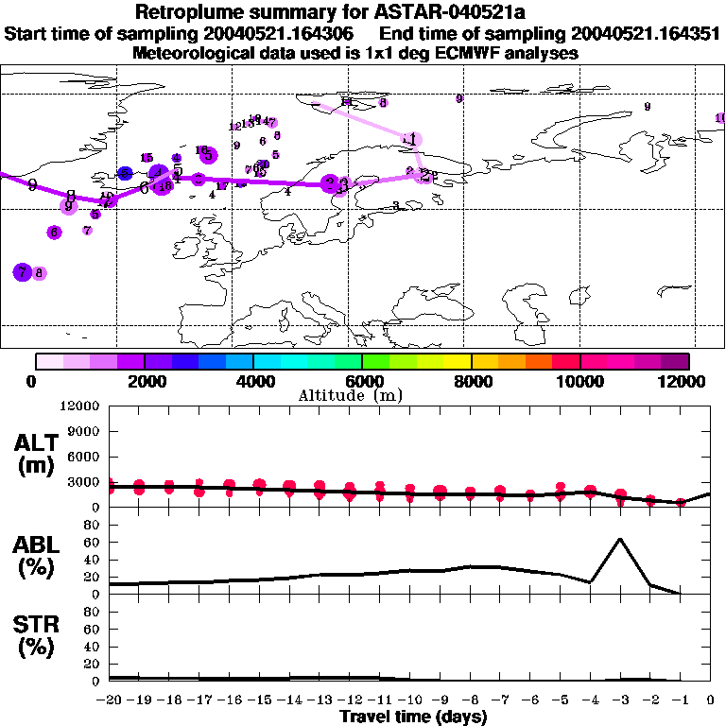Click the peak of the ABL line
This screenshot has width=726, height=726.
click(x=619, y=539)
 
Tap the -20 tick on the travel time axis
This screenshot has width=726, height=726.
click(x=111, y=700)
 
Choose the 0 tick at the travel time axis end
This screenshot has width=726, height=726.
click(x=711, y=700)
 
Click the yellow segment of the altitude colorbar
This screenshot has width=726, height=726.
click(x=458, y=361)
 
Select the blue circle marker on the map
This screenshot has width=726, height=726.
click(x=125, y=174)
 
